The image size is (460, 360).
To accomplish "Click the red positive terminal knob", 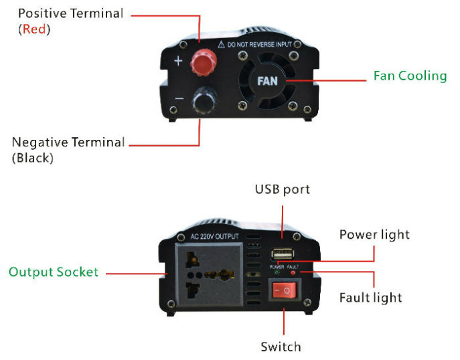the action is click(204, 62).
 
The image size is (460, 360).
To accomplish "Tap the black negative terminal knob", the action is click(204, 100).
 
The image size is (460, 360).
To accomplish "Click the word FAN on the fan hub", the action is click(267, 81).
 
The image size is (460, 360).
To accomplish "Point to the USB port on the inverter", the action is click(283, 254).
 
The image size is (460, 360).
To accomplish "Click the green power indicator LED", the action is click(277, 272).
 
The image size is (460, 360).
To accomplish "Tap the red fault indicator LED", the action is click(293, 272).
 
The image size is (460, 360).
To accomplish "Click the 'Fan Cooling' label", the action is click(410, 76).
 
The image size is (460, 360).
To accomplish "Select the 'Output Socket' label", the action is click(54, 272).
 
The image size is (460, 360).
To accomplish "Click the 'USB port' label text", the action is click(282, 189).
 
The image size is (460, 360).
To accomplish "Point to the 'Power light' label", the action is click(374, 235).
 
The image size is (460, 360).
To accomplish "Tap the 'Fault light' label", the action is click(370, 298).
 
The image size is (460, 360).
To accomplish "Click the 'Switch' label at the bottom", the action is click(281, 347).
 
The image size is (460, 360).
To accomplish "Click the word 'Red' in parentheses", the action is click(34, 29).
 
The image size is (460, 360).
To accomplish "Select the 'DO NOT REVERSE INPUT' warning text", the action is click(259, 45).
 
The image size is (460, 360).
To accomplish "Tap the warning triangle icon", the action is click(221, 44).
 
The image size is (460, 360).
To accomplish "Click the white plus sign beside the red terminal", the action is click(178, 61).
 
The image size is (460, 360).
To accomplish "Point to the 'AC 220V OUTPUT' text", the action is click(214, 236).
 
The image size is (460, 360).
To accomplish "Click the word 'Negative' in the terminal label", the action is click(40, 143).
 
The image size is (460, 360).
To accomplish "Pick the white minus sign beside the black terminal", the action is click(179, 98).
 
